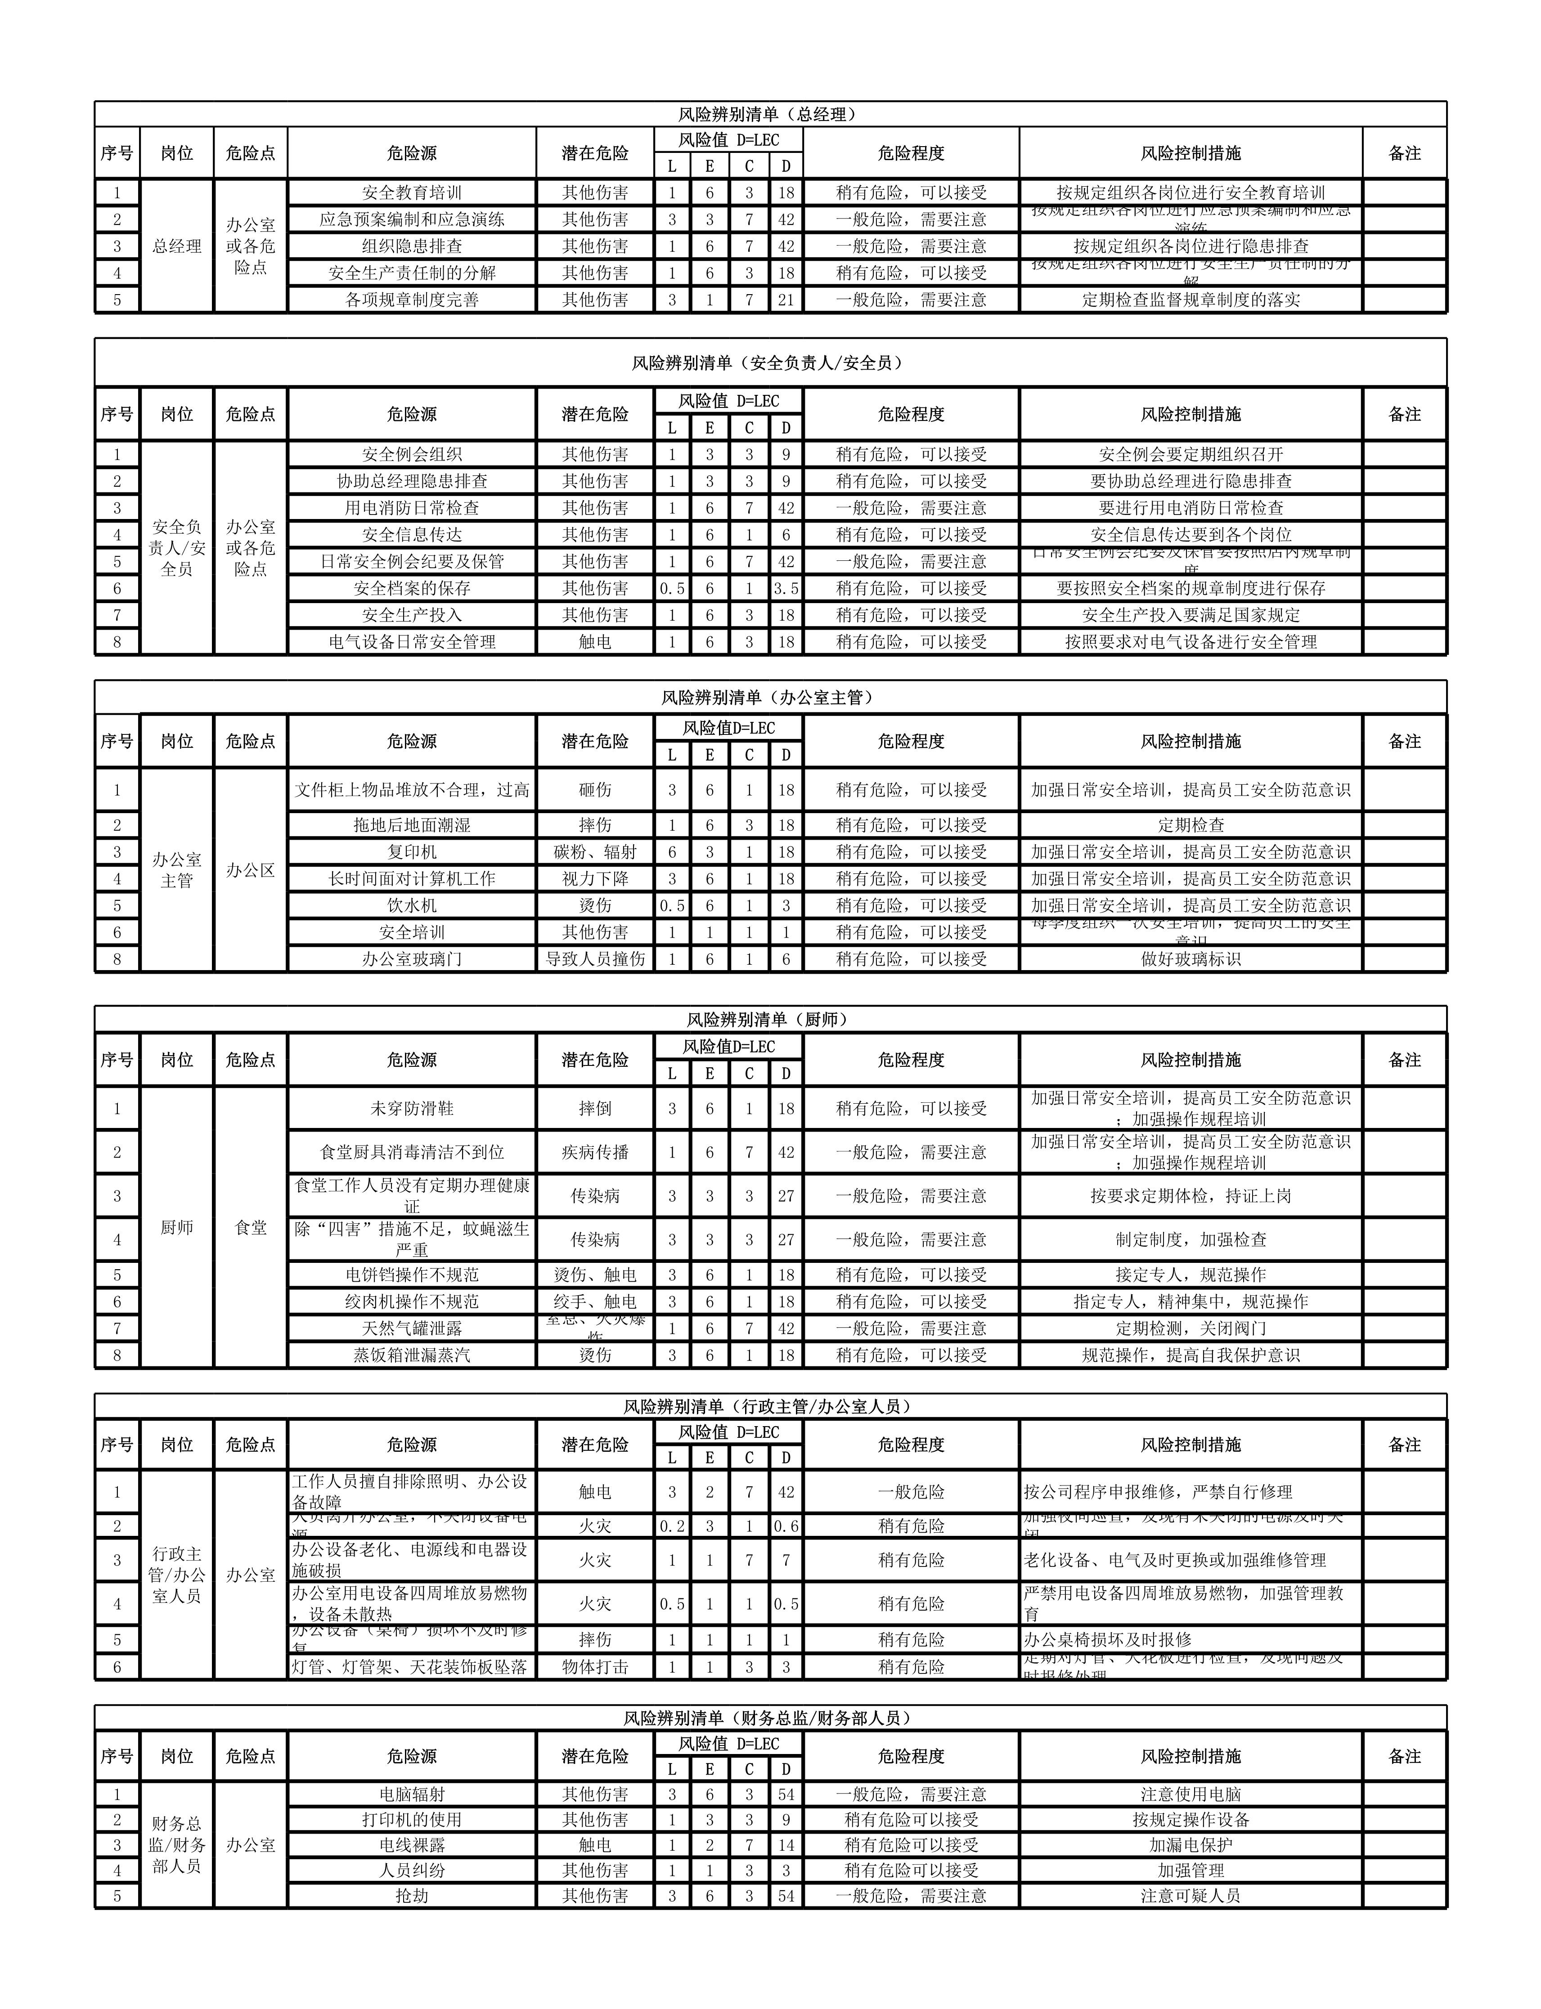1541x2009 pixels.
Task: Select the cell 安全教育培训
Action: click(412, 192)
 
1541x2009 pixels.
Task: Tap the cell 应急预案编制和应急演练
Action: click(412, 219)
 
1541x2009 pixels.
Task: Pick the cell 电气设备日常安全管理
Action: click(412, 642)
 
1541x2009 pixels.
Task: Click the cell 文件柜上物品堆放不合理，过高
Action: click(412, 789)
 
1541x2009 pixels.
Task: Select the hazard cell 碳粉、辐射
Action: click(595, 852)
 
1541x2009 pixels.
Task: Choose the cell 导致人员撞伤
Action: click(595, 959)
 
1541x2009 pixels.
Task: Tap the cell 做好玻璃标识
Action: click(1191, 959)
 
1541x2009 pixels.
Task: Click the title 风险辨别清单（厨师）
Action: click(768, 1020)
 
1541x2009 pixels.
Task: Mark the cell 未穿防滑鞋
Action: click(412, 1109)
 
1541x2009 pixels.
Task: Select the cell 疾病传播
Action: click(595, 1153)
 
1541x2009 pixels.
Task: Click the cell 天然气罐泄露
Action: click(412, 1329)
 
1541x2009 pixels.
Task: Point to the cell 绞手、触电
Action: click(595, 1302)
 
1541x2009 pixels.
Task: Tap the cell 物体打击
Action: click(595, 1667)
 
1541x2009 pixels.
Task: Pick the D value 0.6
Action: click(786, 1526)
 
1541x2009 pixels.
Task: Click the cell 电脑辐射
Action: click(412, 1794)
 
